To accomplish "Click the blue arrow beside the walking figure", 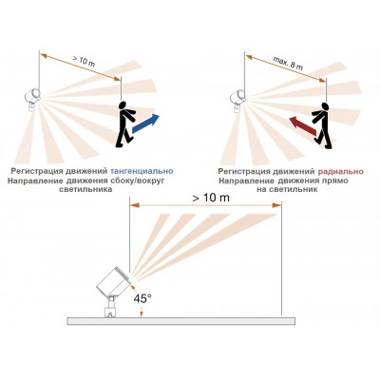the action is [x=145, y=123].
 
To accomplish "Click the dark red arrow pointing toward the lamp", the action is [x=303, y=126].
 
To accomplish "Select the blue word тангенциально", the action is [x=142, y=171].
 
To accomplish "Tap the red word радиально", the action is [x=340, y=172].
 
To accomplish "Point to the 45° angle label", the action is [x=142, y=298].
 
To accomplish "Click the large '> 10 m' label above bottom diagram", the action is [x=211, y=198].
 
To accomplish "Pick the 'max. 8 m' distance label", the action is [x=288, y=64].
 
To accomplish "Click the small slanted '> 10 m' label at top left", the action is [x=84, y=62].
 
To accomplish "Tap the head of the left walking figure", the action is [x=123, y=105].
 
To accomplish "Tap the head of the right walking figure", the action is [x=324, y=106].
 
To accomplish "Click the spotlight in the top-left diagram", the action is [x=33, y=99].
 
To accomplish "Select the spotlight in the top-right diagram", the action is [x=237, y=100].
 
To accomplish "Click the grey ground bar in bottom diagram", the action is [x=181, y=321].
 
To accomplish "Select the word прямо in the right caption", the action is [x=334, y=180].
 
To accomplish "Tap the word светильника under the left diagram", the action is [x=85, y=190].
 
